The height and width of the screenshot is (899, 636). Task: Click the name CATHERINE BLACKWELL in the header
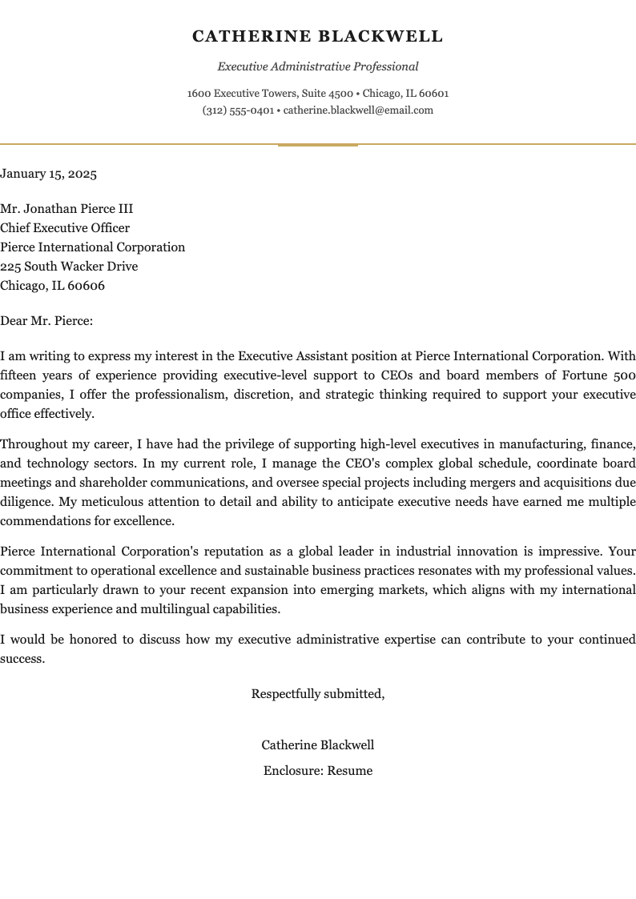click(317, 37)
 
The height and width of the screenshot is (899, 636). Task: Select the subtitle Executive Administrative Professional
click(317, 67)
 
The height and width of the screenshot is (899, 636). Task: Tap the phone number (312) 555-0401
click(238, 110)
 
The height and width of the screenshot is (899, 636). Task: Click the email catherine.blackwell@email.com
click(358, 110)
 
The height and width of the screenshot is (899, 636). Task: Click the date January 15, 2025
click(48, 174)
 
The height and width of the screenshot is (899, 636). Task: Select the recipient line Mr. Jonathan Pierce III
click(66, 209)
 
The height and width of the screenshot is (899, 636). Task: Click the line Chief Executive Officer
click(65, 228)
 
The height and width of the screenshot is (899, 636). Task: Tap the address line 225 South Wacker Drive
click(69, 267)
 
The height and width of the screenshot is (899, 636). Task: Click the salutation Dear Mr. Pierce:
click(46, 321)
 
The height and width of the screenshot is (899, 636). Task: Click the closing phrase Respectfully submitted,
click(318, 694)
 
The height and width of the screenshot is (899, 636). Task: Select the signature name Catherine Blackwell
click(318, 745)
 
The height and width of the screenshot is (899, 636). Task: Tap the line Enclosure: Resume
click(318, 771)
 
